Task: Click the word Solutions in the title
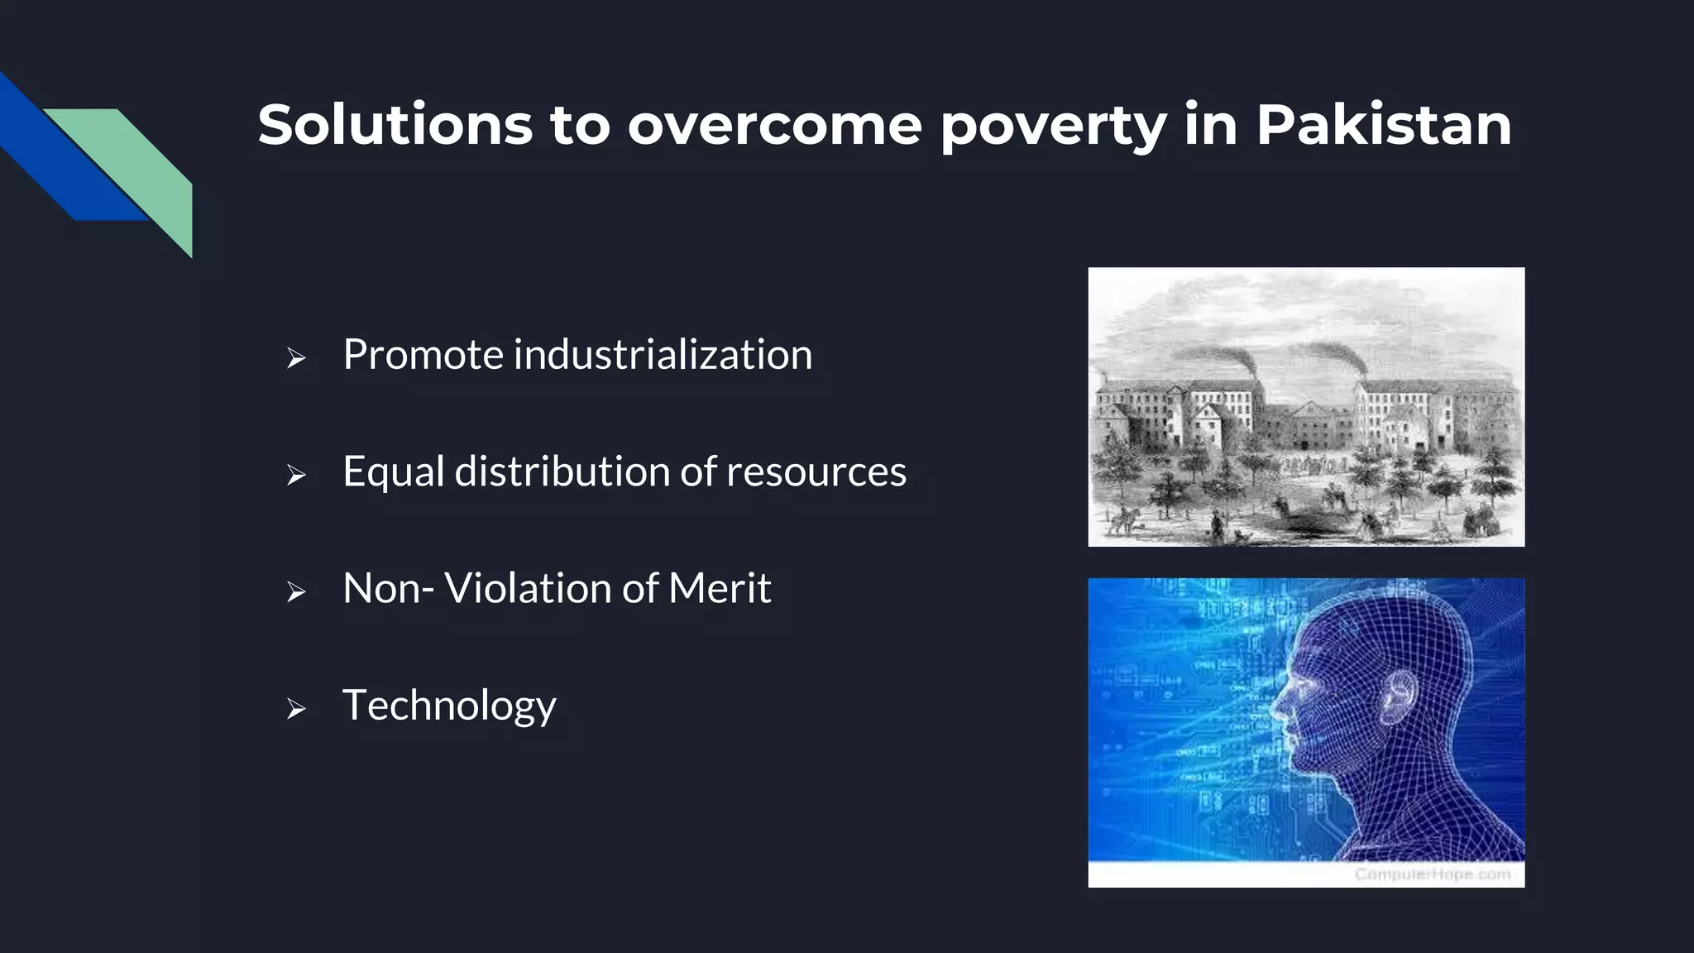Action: point(395,125)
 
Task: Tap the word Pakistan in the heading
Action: point(1383,125)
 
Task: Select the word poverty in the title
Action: point(1053,127)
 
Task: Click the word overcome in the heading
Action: point(774,125)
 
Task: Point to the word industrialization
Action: point(663,355)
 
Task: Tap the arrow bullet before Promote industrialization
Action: point(296,358)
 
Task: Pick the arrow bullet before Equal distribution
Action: point(296,475)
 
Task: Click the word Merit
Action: point(719,588)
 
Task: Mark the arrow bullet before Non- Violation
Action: point(296,592)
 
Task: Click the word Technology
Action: point(449,706)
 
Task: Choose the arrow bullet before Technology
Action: point(296,709)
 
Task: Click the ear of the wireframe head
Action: point(1397,694)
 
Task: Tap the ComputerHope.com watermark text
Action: point(1432,874)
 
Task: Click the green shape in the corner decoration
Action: point(141,165)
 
